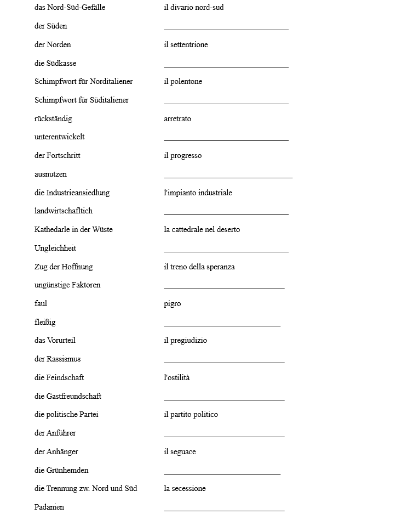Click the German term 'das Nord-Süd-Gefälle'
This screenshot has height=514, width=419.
pos(70,8)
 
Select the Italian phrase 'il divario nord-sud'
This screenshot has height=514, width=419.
pos(193,8)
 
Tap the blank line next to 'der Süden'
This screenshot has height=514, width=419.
pos(226,27)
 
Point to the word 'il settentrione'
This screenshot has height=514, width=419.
pos(186,44)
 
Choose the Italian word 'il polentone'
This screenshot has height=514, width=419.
pos(183,82)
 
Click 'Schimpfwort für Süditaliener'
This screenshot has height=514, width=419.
pos(82,100)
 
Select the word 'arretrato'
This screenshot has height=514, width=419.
pos(177,118)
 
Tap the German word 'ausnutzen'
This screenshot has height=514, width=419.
pos(50,174)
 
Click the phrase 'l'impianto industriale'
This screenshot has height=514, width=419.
pos(198,193)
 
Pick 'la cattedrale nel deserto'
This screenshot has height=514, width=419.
pos(202,229)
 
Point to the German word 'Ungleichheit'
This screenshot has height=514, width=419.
pos(55,248)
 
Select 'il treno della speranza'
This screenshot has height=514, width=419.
pos(199,267)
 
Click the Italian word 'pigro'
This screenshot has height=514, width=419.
pos(172,304)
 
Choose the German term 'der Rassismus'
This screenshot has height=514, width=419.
pos(58,359)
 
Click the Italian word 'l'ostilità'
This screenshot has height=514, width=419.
pos(176,377)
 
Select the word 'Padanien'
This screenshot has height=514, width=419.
pos(49,507)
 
